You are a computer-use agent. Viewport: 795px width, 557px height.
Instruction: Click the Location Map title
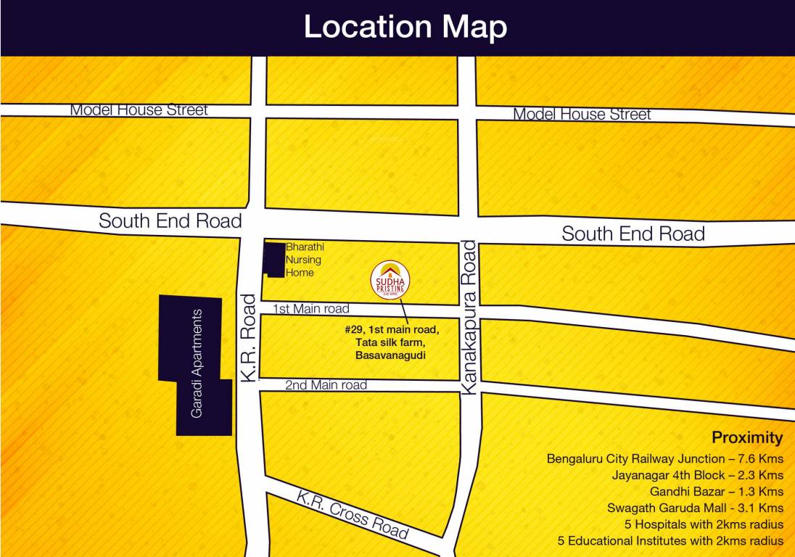pos(405,28)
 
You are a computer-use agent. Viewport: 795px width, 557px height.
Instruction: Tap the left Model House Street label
pos(139,110)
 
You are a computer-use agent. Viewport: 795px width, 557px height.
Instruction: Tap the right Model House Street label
pos(582,115)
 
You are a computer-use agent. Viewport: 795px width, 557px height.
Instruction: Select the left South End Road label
pos(170,220)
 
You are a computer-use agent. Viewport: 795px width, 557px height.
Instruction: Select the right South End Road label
pos(633,234)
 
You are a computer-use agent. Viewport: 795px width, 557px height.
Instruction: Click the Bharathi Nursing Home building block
pos(273,260)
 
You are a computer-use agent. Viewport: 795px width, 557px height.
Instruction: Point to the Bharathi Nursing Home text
pos(304,260)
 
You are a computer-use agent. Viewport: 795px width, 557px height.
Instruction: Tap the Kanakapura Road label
pos(469,318)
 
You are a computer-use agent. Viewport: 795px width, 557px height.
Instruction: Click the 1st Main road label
pos(310,309)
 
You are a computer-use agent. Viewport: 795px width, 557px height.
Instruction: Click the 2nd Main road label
pos(326,385)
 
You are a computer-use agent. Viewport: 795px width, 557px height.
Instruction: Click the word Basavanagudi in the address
pos(390,355)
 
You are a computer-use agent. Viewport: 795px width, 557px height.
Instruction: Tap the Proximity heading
pos(747,437)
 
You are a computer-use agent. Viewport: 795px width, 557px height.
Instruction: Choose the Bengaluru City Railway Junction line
pos(665,458)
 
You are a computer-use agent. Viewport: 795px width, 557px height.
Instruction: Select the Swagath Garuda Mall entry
pos(695,508)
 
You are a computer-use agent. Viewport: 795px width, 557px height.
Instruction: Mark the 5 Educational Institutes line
pos(670,541)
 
